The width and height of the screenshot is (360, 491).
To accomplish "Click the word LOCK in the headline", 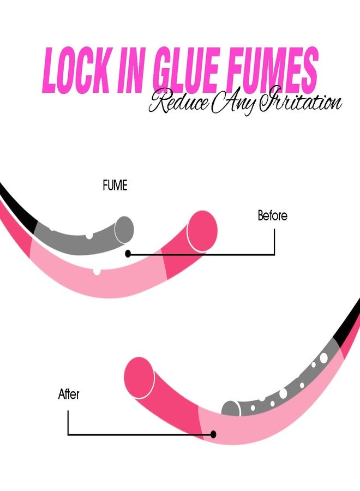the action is click(76, 70).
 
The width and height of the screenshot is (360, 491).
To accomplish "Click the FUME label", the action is click(115, 185).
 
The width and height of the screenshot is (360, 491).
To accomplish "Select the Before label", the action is click(272, 215).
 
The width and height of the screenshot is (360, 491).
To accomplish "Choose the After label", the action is click(69, 394).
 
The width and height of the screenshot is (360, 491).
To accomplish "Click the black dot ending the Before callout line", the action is click(128, 254).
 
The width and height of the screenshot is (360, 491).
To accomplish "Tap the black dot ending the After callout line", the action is click(213, 434).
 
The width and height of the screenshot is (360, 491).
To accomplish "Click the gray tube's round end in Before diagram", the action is click(124, 230).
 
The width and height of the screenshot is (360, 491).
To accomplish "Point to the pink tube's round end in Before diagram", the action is click(202, 231).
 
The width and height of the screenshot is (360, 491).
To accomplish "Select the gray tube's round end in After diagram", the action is click(231, 409).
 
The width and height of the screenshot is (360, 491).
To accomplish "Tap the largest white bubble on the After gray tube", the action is click(323, 357).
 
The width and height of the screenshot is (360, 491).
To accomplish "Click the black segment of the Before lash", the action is click(17, 207).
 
